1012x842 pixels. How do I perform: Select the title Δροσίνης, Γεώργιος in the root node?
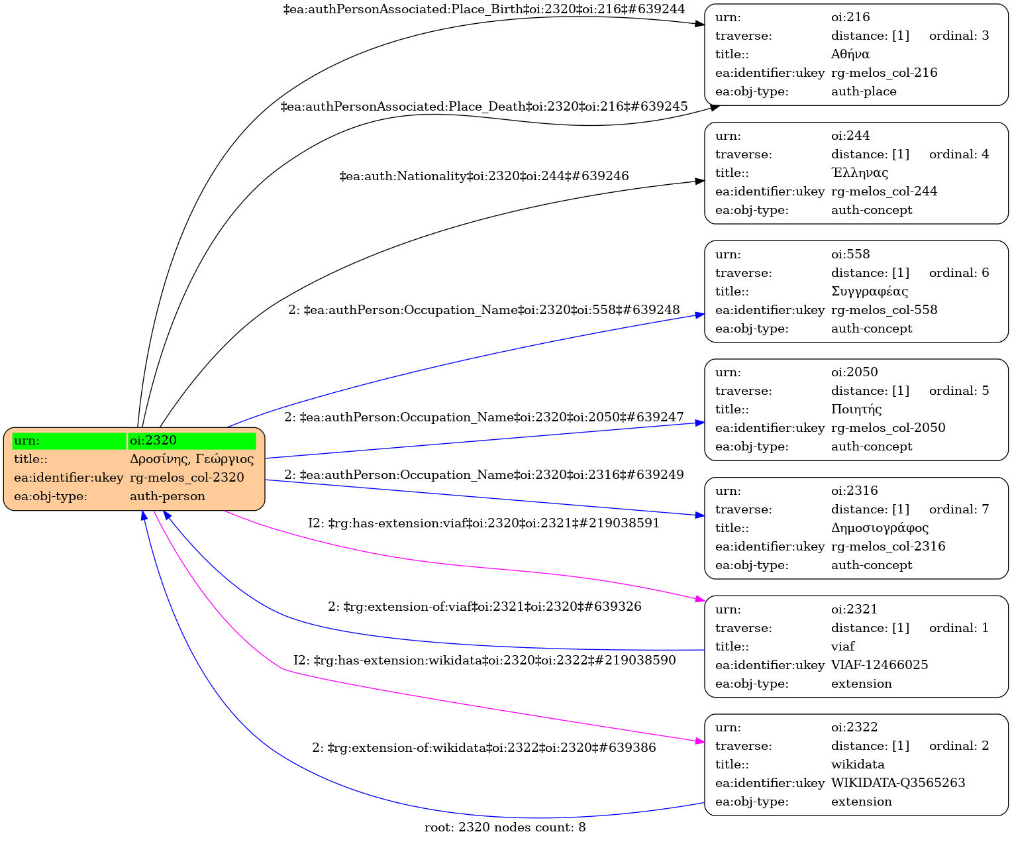click(191, 459)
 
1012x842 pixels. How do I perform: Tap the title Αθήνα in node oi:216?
click(850, 54)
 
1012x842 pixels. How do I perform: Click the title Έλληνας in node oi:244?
click(860, 173)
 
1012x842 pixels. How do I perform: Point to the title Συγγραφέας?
click(870, 291)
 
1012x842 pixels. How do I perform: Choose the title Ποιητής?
click(856, 409)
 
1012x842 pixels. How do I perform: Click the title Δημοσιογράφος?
click(880, 528)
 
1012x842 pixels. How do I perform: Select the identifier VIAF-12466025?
click(880, 665)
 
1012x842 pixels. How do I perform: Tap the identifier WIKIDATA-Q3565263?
click(898, 783)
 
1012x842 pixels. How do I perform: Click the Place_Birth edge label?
click(484, 9)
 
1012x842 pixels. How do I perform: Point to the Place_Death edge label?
click(484, 107)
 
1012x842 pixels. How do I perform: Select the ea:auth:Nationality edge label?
click(484, 176)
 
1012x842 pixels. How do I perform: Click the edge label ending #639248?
click(484, 310)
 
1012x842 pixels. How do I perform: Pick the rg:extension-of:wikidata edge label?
click(484, 748)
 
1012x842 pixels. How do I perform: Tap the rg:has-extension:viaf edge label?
click(484, 523)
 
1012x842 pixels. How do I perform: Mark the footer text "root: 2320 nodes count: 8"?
click(505, 827)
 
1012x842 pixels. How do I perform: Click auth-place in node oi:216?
click(864, 91)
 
